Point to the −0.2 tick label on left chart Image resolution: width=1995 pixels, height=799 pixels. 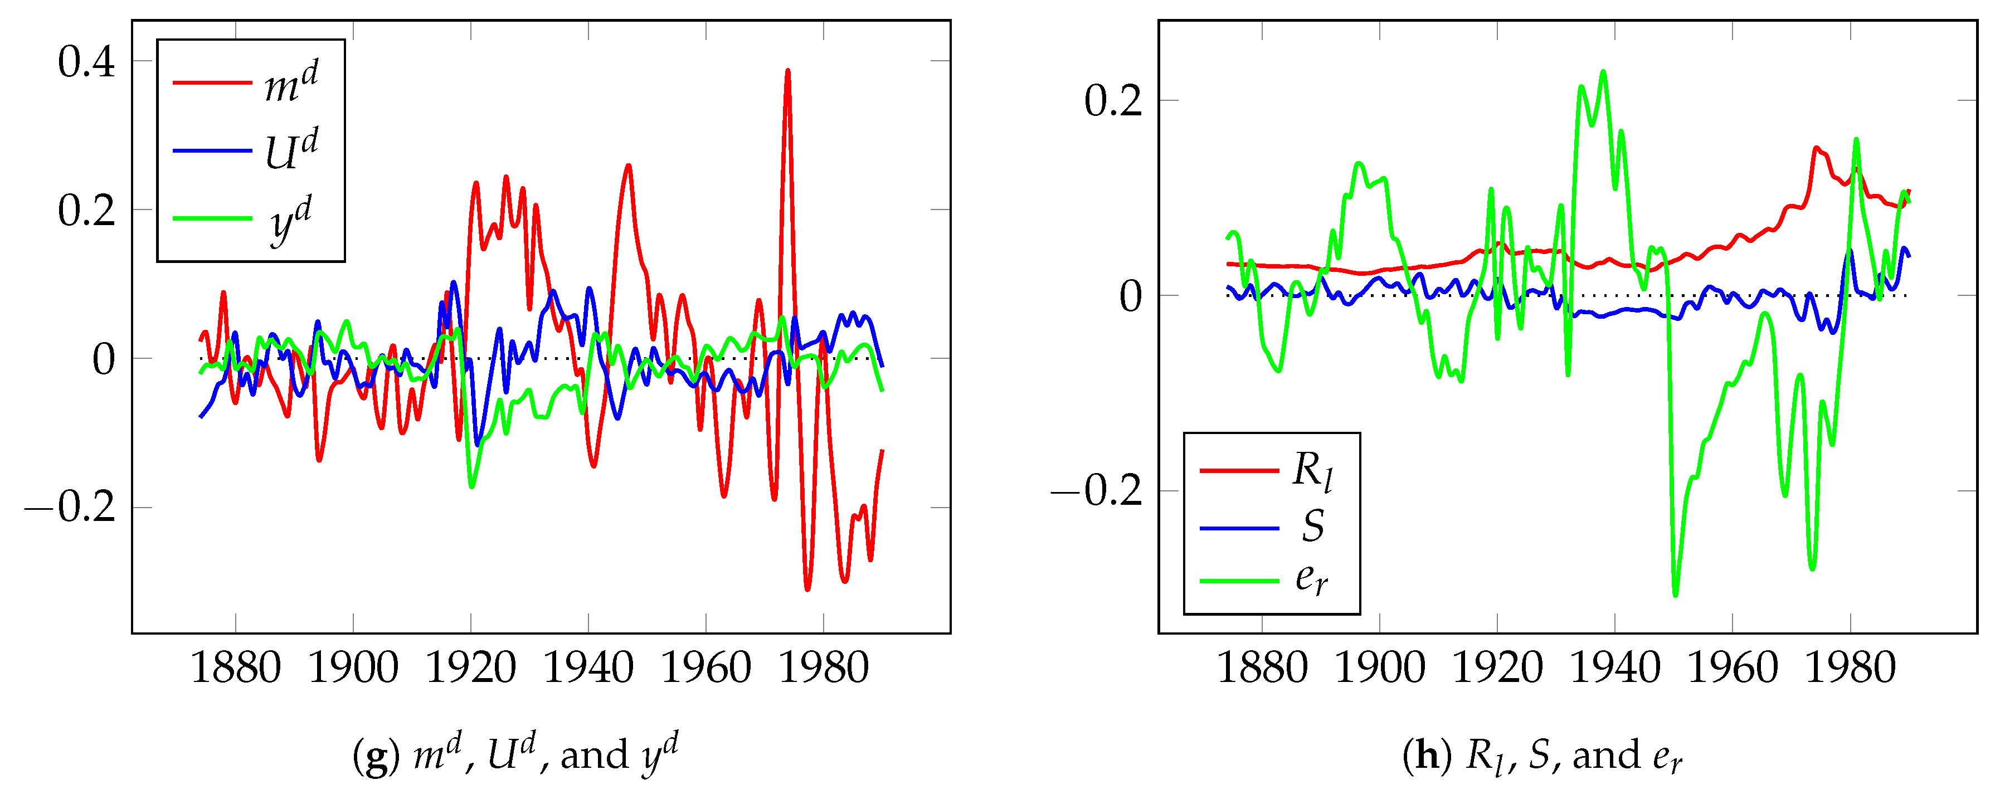(x=70, y=508)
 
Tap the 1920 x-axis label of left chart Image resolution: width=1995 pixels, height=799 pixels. (x=471, y=668)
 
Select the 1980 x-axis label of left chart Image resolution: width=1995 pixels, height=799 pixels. (x=823, y=668)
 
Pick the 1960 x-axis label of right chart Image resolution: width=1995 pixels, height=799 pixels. (x=1733, y=668)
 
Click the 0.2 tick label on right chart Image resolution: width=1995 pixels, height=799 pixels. (x=1113, y=101)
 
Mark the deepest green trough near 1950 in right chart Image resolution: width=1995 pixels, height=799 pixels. (x=1675, y=595)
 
